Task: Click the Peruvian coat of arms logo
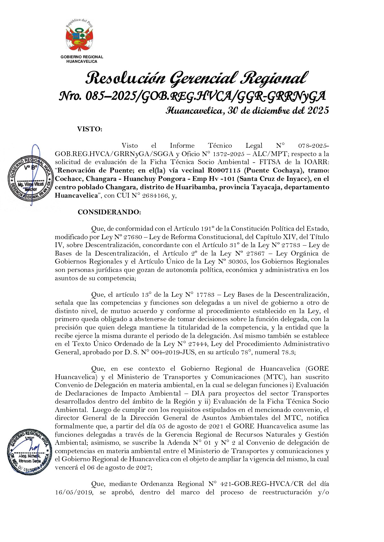click(x=79, y=36)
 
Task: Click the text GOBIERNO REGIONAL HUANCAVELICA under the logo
click(x=82, y=59)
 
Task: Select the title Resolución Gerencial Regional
click(x=196, y=78)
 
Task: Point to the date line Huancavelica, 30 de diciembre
click(x=247, y=110)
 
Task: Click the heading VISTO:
click(x=89, y=129)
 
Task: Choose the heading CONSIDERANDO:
click(x=109, y=212)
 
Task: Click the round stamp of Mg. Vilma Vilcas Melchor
click(x=30, y=178)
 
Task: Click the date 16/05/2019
click(x=74, y=492)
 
